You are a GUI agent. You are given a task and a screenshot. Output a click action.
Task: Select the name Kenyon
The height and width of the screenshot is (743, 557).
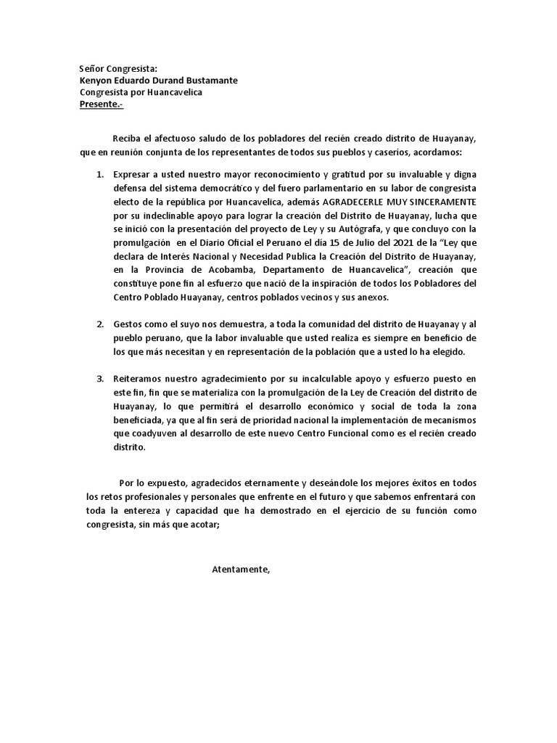[x=98, y=81]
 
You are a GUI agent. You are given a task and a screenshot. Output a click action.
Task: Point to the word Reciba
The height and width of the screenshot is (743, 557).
[x=127, y=139]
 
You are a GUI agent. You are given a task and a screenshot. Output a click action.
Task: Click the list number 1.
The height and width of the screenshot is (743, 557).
[x=100, y=175]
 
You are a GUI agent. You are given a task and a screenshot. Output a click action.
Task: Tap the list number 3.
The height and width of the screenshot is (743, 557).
[x=100, y=378]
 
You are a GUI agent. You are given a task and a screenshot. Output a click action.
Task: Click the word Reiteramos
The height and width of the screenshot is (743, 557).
[x=139, y=378]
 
